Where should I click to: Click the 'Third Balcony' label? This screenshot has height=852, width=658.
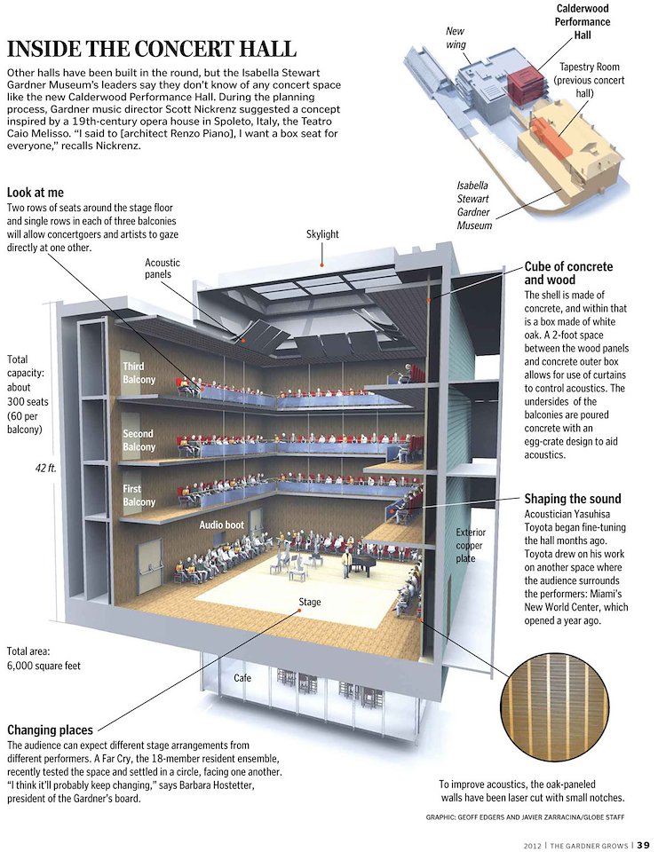(x=139, y=373)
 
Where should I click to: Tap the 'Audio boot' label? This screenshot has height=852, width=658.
(x=221, y=525)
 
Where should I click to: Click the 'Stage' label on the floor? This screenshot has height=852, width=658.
(x=310, y=602)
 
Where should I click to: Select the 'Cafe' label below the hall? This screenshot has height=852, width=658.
(x=242, y=678)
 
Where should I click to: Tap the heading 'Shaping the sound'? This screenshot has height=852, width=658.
(x=572, y=499)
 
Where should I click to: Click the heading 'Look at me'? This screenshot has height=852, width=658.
(x=35, y=193)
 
